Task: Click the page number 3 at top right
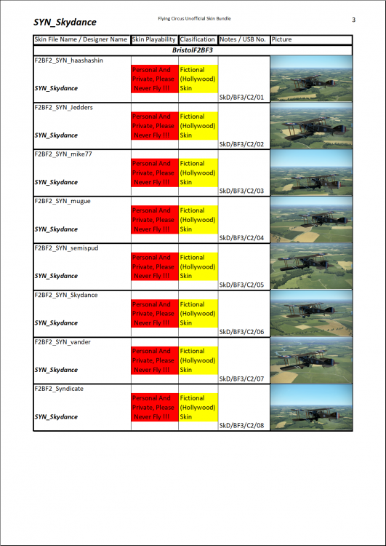353,20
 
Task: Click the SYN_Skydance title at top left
65,23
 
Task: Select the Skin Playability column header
154,40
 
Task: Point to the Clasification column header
198,40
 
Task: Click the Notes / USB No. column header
243,40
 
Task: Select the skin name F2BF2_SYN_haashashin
69,60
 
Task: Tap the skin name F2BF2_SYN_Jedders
63,108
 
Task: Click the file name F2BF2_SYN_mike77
63,154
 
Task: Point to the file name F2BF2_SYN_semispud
67,248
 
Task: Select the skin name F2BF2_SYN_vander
63,341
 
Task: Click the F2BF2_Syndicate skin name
59,389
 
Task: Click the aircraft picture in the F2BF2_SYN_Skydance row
310,314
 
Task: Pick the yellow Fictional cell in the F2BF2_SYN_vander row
198,360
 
